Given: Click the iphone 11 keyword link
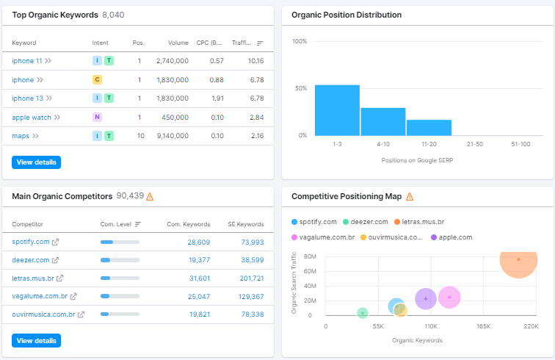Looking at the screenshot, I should [x=27, y=60].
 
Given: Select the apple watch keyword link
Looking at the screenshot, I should [x=32, y=117].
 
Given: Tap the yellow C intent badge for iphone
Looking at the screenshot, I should [x=97, y=79].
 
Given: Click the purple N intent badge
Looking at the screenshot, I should [x=97, y=117].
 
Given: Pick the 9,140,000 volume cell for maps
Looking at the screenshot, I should [x=173, y=136].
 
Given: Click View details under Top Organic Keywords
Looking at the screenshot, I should [x=36, y=162].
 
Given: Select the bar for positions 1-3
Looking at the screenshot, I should [x=337, y=110].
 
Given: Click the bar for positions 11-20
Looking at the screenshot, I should [x=429, y=127].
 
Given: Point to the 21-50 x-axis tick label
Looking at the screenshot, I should [x=475, y=144].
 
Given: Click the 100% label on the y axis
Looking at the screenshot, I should [x=300, y=41].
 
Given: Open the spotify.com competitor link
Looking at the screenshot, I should [x=31, y=242].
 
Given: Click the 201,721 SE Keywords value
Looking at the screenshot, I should [x=247, y=278].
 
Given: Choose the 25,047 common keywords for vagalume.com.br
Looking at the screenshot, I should [x=199, y=297].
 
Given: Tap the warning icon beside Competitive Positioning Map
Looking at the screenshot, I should [x=410, y=197].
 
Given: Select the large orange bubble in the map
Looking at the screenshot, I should [x=518, y=260].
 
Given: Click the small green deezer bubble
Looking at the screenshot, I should [x=362, y=313].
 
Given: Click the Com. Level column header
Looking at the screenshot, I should [x=116, y=224].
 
